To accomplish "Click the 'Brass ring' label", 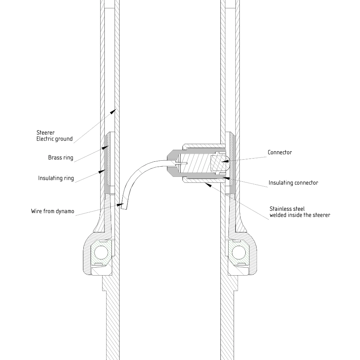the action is [60, 158].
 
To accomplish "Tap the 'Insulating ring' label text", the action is [56, 178].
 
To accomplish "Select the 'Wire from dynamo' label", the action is [53, 211].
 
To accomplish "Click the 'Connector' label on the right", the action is [280, 153].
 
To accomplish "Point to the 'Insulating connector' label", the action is [294, 183].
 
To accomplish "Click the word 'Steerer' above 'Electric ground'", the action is [45, 133].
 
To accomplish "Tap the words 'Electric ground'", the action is [54, 139].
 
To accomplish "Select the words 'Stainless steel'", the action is [287, 209].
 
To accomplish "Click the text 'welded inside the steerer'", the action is [300, 215].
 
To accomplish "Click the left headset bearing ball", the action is [101, 253].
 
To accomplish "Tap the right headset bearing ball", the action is [239, 253].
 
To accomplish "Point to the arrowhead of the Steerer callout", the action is [113, 111].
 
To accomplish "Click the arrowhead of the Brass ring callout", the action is [105, 147].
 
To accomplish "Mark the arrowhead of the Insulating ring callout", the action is [102, 171].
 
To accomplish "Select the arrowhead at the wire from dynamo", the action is [120, 204].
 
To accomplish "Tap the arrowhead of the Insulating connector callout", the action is [226, 178].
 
